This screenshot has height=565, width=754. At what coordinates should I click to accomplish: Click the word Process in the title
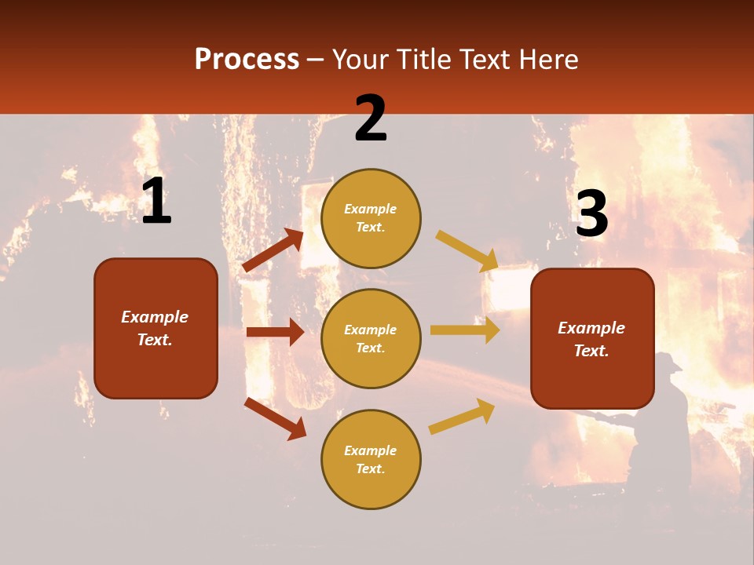coord(247,60)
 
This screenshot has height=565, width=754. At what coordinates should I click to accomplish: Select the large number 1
coord(156,202)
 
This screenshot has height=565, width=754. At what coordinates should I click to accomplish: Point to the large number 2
coord(371,119)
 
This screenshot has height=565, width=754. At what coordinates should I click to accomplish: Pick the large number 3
coord(591,213)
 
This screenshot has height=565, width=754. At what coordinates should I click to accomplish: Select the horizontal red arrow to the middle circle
coord(275,332)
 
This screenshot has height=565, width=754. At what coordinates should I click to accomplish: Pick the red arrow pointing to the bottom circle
coord(275,418)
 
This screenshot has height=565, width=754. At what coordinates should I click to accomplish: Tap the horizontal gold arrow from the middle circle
coord(465,330)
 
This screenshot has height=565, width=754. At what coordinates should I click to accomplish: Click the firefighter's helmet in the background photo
coord(668,362)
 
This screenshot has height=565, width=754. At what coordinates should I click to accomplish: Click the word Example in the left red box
coord(155,317)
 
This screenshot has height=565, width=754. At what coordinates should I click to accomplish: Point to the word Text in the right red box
coord(591,351)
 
